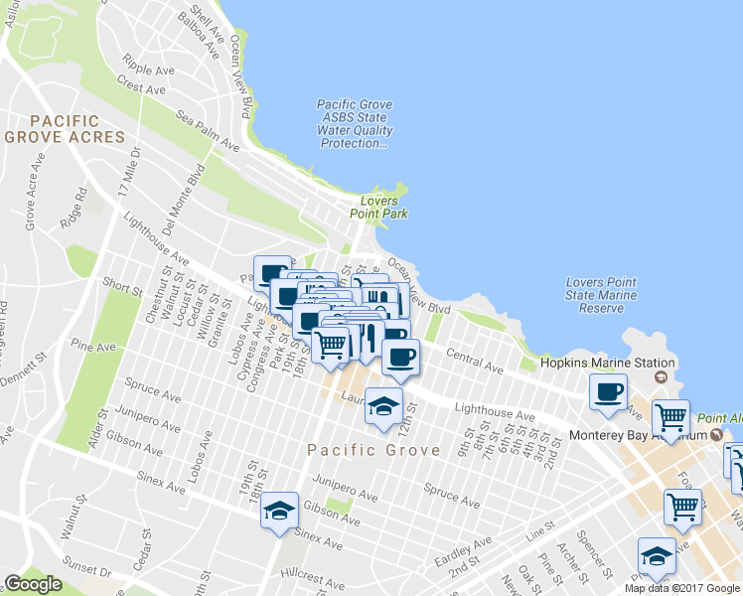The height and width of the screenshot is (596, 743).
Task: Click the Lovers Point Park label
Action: tap(378, 208)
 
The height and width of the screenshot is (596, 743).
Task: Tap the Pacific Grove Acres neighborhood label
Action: tap(65, 128)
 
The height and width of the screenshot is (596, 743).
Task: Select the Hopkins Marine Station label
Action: tap(607, 363)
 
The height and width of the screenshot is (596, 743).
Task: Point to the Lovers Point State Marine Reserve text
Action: tap(601, 295)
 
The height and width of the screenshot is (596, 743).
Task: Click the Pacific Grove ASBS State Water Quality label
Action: tap(355, 124)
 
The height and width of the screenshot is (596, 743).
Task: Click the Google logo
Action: tap(33, 584)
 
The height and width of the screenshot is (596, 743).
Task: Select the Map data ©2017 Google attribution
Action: tap(681, 588)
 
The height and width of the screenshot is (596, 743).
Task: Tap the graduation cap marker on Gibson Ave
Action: tap(280, 510)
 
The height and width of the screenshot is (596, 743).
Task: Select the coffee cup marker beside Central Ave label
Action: tap(400, 357)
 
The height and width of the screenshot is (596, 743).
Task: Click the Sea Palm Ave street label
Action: tap(209, 131)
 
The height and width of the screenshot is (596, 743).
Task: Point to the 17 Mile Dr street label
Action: tap(127, 172)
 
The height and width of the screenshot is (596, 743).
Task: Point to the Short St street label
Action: tap(122, 286)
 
